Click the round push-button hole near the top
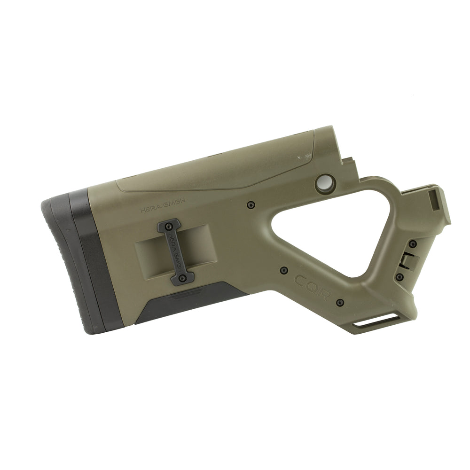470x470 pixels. pyautogui.click(x=325, y=183)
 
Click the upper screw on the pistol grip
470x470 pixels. pyautogui.click(x=412, y=244)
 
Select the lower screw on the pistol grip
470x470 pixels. pyautogui.click(x=399, y=277)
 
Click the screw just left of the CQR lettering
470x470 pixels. pyautogui.click(x=283, y=270)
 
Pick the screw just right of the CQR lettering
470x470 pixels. pyautogui.click(x=340, y=302)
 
